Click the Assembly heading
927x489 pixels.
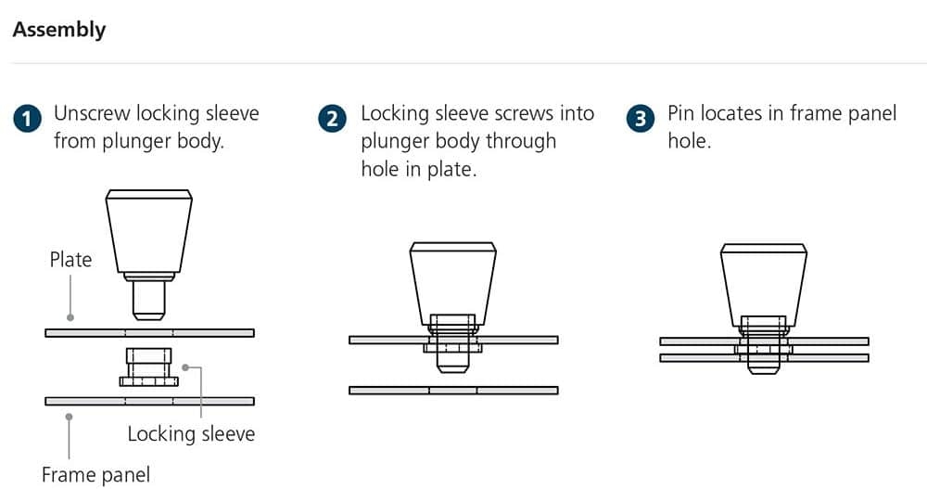59,30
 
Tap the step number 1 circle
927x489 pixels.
27,119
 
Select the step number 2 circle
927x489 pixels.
332,119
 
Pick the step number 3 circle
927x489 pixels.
641,119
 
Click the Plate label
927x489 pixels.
71,259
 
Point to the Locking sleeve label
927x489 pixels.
192,434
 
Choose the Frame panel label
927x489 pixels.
95,475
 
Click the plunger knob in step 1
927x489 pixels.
149,231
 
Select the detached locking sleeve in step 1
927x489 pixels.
149,367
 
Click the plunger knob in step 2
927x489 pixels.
453,284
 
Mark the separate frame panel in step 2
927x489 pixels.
453,390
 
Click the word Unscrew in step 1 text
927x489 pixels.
92,113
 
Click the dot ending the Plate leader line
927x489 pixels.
70,318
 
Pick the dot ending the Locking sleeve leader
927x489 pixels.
185,367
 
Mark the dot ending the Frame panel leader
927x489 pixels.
70,417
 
